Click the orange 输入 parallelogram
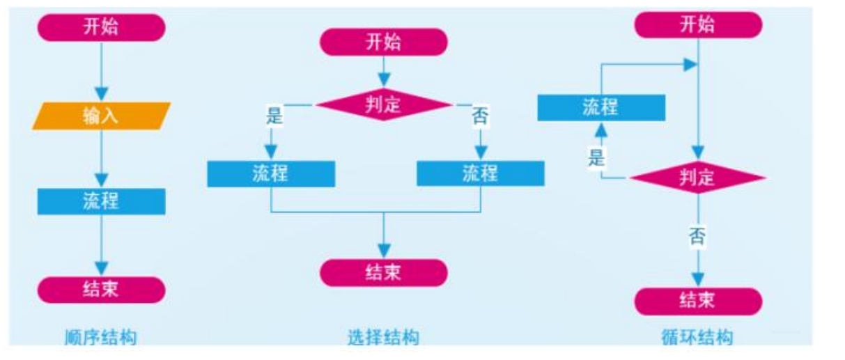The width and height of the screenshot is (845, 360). click(101, 116)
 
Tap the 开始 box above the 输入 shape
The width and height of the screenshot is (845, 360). click(101, 28)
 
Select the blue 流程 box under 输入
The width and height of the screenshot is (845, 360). click(101, 201)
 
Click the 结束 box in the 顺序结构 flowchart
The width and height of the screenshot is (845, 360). click(101, 290)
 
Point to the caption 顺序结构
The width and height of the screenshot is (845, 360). click(101, 338)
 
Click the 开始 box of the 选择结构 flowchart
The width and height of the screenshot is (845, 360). click(383, 42)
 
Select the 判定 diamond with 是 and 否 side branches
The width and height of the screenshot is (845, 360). click(383, 106)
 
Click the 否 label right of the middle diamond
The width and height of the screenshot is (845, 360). click(480, 116)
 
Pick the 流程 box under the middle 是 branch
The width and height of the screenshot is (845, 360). click(271, 173)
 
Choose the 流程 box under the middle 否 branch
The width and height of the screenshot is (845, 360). click(481, 173)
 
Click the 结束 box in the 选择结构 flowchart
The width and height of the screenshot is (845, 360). click(383, 272)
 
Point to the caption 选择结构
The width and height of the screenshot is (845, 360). click(383, 338)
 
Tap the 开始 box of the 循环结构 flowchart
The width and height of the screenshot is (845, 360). click(698, 26)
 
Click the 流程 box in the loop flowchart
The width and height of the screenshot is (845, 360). click(600, 108)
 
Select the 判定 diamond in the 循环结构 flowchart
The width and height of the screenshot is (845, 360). click(698, 178)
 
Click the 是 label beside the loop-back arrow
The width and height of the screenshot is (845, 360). click(596, 157)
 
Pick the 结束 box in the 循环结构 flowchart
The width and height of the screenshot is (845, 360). click(698, 302)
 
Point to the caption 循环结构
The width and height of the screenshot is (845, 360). click(697, 338)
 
